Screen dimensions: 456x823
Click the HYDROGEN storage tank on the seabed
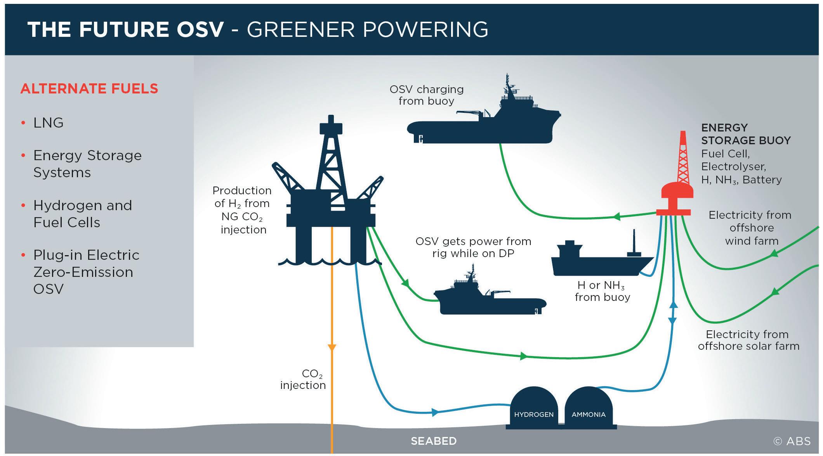click(x=533, y=409)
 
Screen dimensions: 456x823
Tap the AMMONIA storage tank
click(x=589, y=409)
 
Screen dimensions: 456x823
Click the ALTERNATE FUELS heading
click(x=89, y=89)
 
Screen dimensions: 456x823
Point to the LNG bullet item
click(x=48, y=123)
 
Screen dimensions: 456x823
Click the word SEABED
click(x=434, y=441)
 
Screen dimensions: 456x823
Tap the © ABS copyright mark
click(x=792, y=441)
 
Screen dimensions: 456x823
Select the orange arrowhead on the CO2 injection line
click(x=332, y=347)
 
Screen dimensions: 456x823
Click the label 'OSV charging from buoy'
click(x=427, y=95)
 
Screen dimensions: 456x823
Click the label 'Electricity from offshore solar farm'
click(x=748, y=340)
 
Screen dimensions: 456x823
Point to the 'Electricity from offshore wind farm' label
click(x=750, y=228)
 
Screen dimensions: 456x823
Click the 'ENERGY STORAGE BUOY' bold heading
click(x=745, y=134)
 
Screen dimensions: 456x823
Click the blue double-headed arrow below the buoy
click(x=673, y=313)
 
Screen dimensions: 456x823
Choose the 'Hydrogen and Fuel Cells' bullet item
click(x=82, y=214)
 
